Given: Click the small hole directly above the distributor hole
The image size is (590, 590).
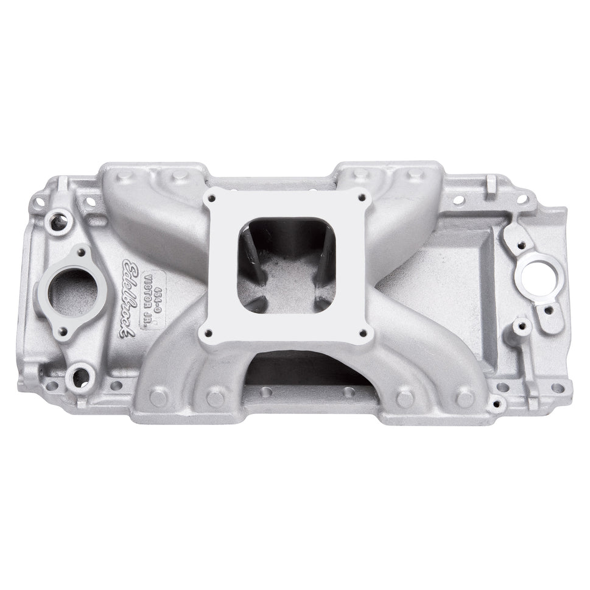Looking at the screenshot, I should coord(521,246).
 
